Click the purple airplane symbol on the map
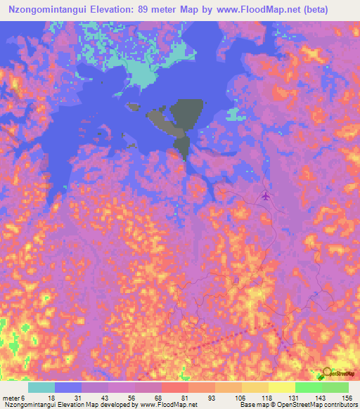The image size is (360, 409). pos(265,195)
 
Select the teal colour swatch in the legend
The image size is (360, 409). pos(41,387)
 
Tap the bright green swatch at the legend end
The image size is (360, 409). pos(335,387)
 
